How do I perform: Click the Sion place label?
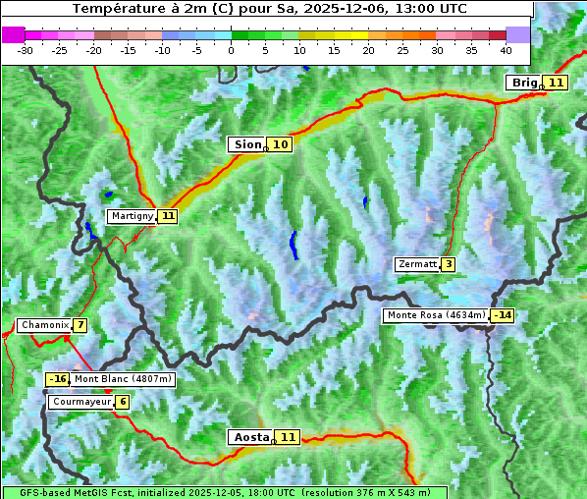pyautogui.click(x=246, y=144)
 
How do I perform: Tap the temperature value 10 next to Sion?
pyautogui.click(x=281, y=144)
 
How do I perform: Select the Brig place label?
pyautogui.click(x=524, y=83)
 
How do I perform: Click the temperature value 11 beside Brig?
pyautogui.click(x=556, y=83)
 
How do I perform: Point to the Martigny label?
pyautogui.click(x=132, y=215)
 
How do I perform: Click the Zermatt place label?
pyautogui.click(x=417, y=264)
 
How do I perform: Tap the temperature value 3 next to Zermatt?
pyautogui.click(x=448, y=264)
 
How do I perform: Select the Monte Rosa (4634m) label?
pyautogui.click(x=436, y=315)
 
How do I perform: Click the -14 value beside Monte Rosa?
pyautogui.click(x=503, y=315)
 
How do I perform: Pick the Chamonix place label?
pyautogui.click(x=43, y=325)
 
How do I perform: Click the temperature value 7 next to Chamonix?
pyautogui.click(x=80, y=325)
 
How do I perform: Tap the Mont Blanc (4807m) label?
pyautogui.click(x=123, y=379)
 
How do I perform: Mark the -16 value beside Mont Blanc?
pyautogui.click(x=57, y=379)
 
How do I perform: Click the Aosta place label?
pyautogui.click(x=249, y=437)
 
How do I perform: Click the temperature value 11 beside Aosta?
pyautogui.click(x=287, y=437)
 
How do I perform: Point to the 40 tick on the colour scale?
pyautogui.click(x=506, y=50)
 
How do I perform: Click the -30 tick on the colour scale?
pyautogui.click(x=26, y=50)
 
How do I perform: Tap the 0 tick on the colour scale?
pyautogui.click(x=231, y=50)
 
